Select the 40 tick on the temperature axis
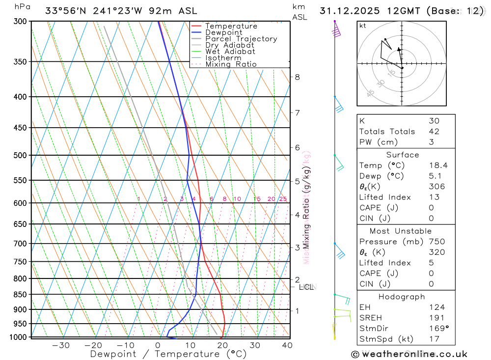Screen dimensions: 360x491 (287, 345)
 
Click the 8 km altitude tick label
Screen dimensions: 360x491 (298, 77)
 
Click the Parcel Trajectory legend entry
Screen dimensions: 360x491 (241, 39)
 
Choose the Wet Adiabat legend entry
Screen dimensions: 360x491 (230, 52)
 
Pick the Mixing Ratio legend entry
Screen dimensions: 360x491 (231, 64)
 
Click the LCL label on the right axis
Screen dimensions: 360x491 (306, 287)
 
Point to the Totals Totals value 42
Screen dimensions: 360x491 (434, 132)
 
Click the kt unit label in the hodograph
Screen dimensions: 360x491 (362, 26)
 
